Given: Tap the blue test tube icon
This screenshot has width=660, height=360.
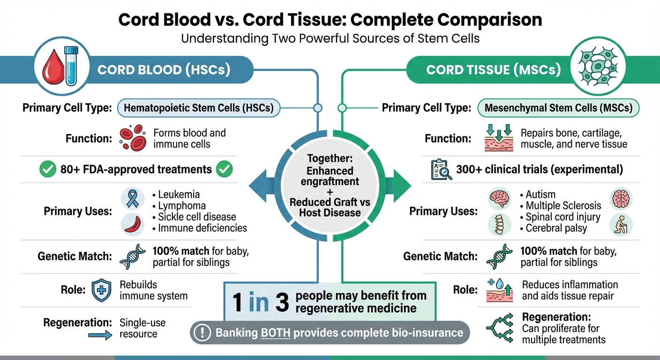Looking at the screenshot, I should (70, 66).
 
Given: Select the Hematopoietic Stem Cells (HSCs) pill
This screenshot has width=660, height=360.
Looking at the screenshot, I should (198, 108).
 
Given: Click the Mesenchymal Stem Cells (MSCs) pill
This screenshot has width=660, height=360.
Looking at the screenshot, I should (558, 108).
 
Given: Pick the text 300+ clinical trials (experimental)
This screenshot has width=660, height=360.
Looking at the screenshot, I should (540, 170).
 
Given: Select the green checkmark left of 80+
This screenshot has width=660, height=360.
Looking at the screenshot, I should (47, 169).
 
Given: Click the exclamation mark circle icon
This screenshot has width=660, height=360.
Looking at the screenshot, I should (202, 333).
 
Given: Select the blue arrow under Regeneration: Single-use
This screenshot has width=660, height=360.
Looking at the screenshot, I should (100, 334).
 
